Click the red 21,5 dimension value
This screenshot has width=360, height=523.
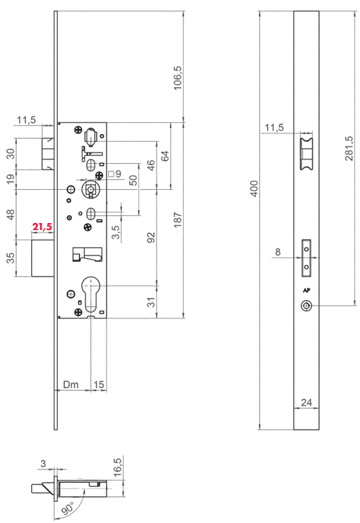click(x=42, y=227)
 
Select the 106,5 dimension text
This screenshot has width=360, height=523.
click(x=177, y=78)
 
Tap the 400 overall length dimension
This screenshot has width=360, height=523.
click(x=254, y=188)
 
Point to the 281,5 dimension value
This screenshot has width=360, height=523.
click(x=349, y=148)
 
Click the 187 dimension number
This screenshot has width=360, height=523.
click(x=177, y=220)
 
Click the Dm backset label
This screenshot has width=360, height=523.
click(x=71, y=385)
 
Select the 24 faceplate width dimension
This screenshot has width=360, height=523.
click(x=306, y=402)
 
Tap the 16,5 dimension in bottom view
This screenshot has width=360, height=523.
click(x=117, y=467)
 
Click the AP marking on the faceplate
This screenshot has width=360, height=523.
click(x=306, y=291)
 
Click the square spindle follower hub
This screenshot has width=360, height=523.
click(x=90, y=189)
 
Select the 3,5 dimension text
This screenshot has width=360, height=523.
click(x=116, y=232)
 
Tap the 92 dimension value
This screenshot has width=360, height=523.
click(x=151, y=237)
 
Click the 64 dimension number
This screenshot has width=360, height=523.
click(x=164, y=156)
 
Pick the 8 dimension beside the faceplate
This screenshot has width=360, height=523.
click(x=277, y=252)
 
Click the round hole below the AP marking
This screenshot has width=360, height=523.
click(x=305, y=306)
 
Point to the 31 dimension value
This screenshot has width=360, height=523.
click(x=151, y=302)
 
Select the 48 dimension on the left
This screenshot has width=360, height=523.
click(x=11, y=215)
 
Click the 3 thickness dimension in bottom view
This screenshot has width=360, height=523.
click(x=43, y=463)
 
